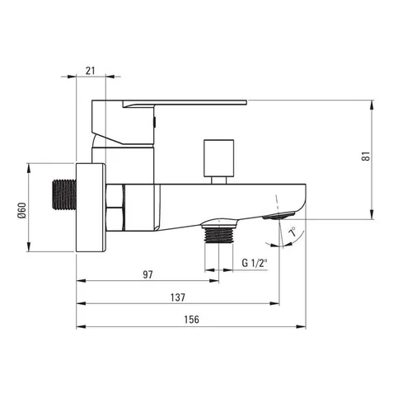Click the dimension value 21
coord(90,71)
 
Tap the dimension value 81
coord(367,156)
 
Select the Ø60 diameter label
coord(21,210)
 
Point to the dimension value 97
coord(147,274)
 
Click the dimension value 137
coord(178,297)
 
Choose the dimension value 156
coord(191,320)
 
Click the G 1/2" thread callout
coord(255,263)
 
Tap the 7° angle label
coord(293,232)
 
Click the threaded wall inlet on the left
coord(64,195)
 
